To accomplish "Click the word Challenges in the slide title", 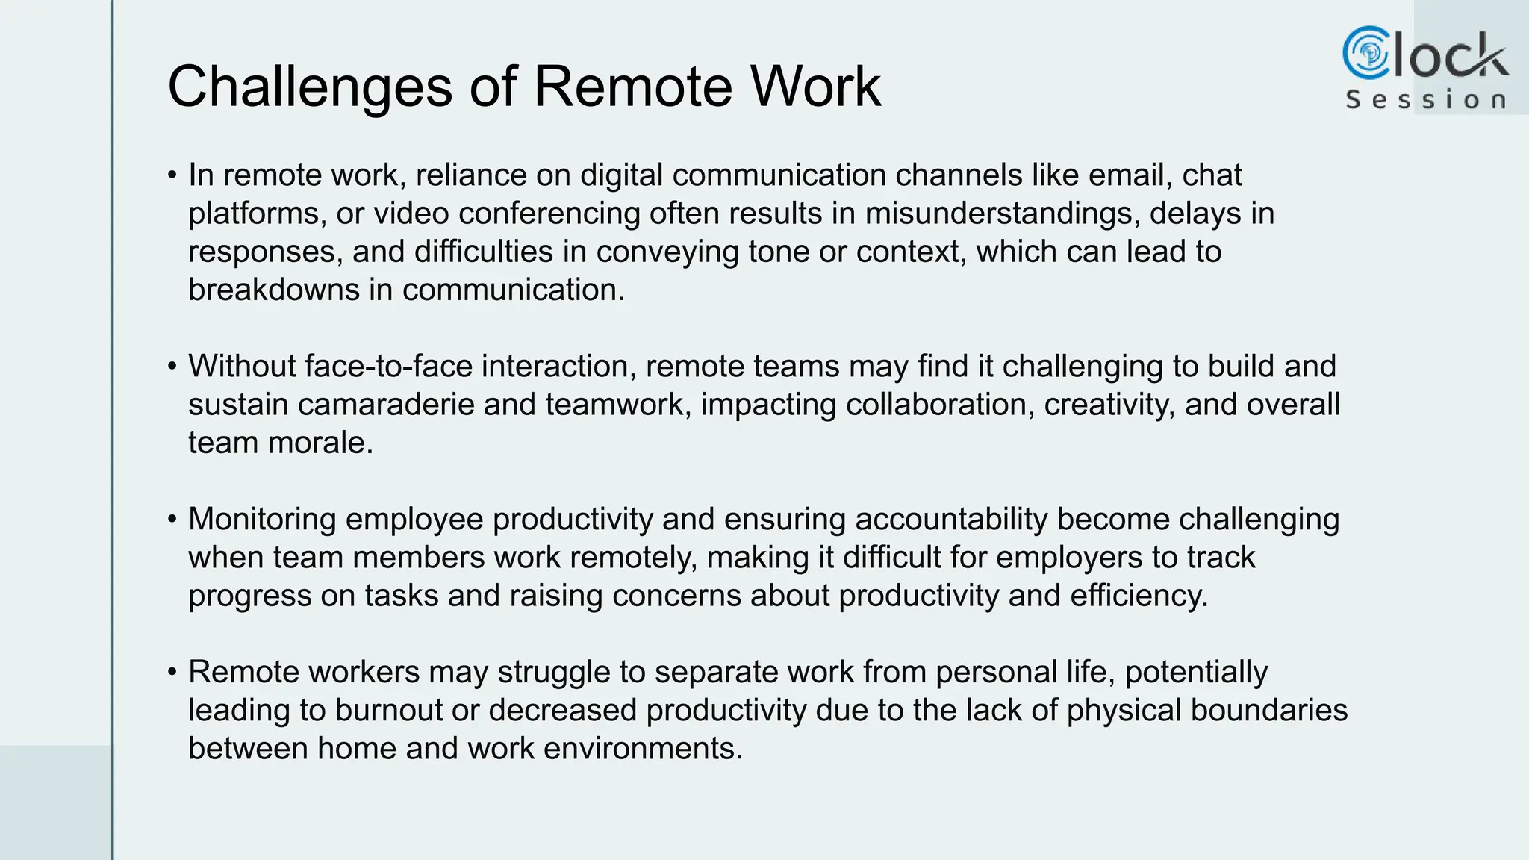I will coord(310,87).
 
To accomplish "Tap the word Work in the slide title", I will coord(815,87).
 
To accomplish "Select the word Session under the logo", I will coord(1425,100).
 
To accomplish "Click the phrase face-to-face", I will coord(389,367).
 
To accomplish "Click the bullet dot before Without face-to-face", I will coord(172,367).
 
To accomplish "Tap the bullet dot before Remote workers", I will coord(172,672).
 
